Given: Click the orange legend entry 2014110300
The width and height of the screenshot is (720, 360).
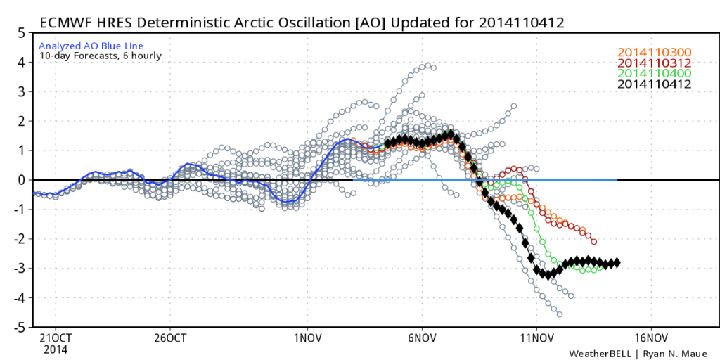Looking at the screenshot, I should (x=653, y=52).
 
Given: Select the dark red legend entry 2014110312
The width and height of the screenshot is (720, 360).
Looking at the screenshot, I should (x=653, y=63).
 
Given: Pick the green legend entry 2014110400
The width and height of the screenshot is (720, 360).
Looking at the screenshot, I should (x=653, y=73).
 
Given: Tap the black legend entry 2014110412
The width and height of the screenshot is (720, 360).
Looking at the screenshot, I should (x=653, y=84).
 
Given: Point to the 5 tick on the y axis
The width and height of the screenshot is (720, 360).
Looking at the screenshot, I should (x=22, y=32).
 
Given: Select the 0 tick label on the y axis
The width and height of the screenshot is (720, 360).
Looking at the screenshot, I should (x=22, y=180).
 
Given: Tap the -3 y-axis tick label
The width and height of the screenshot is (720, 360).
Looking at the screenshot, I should (x=20, y=269).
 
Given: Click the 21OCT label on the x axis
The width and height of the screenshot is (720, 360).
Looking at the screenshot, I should (x=54, y=337).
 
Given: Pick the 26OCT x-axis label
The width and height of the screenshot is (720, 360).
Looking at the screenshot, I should (x=169, y=337).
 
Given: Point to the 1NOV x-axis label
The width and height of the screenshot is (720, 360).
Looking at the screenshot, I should (x=307, y=337).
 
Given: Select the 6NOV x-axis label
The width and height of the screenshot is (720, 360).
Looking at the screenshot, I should (x=421, y=337).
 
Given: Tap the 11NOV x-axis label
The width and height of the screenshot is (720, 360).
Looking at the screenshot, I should (x=536, y=337).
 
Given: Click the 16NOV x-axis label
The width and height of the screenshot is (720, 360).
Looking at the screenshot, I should (x=649, y=337).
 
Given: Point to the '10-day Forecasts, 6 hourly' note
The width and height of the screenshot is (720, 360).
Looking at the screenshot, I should (x=90, y=56).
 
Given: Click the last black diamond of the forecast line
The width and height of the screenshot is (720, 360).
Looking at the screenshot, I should (x=617, y=262).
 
